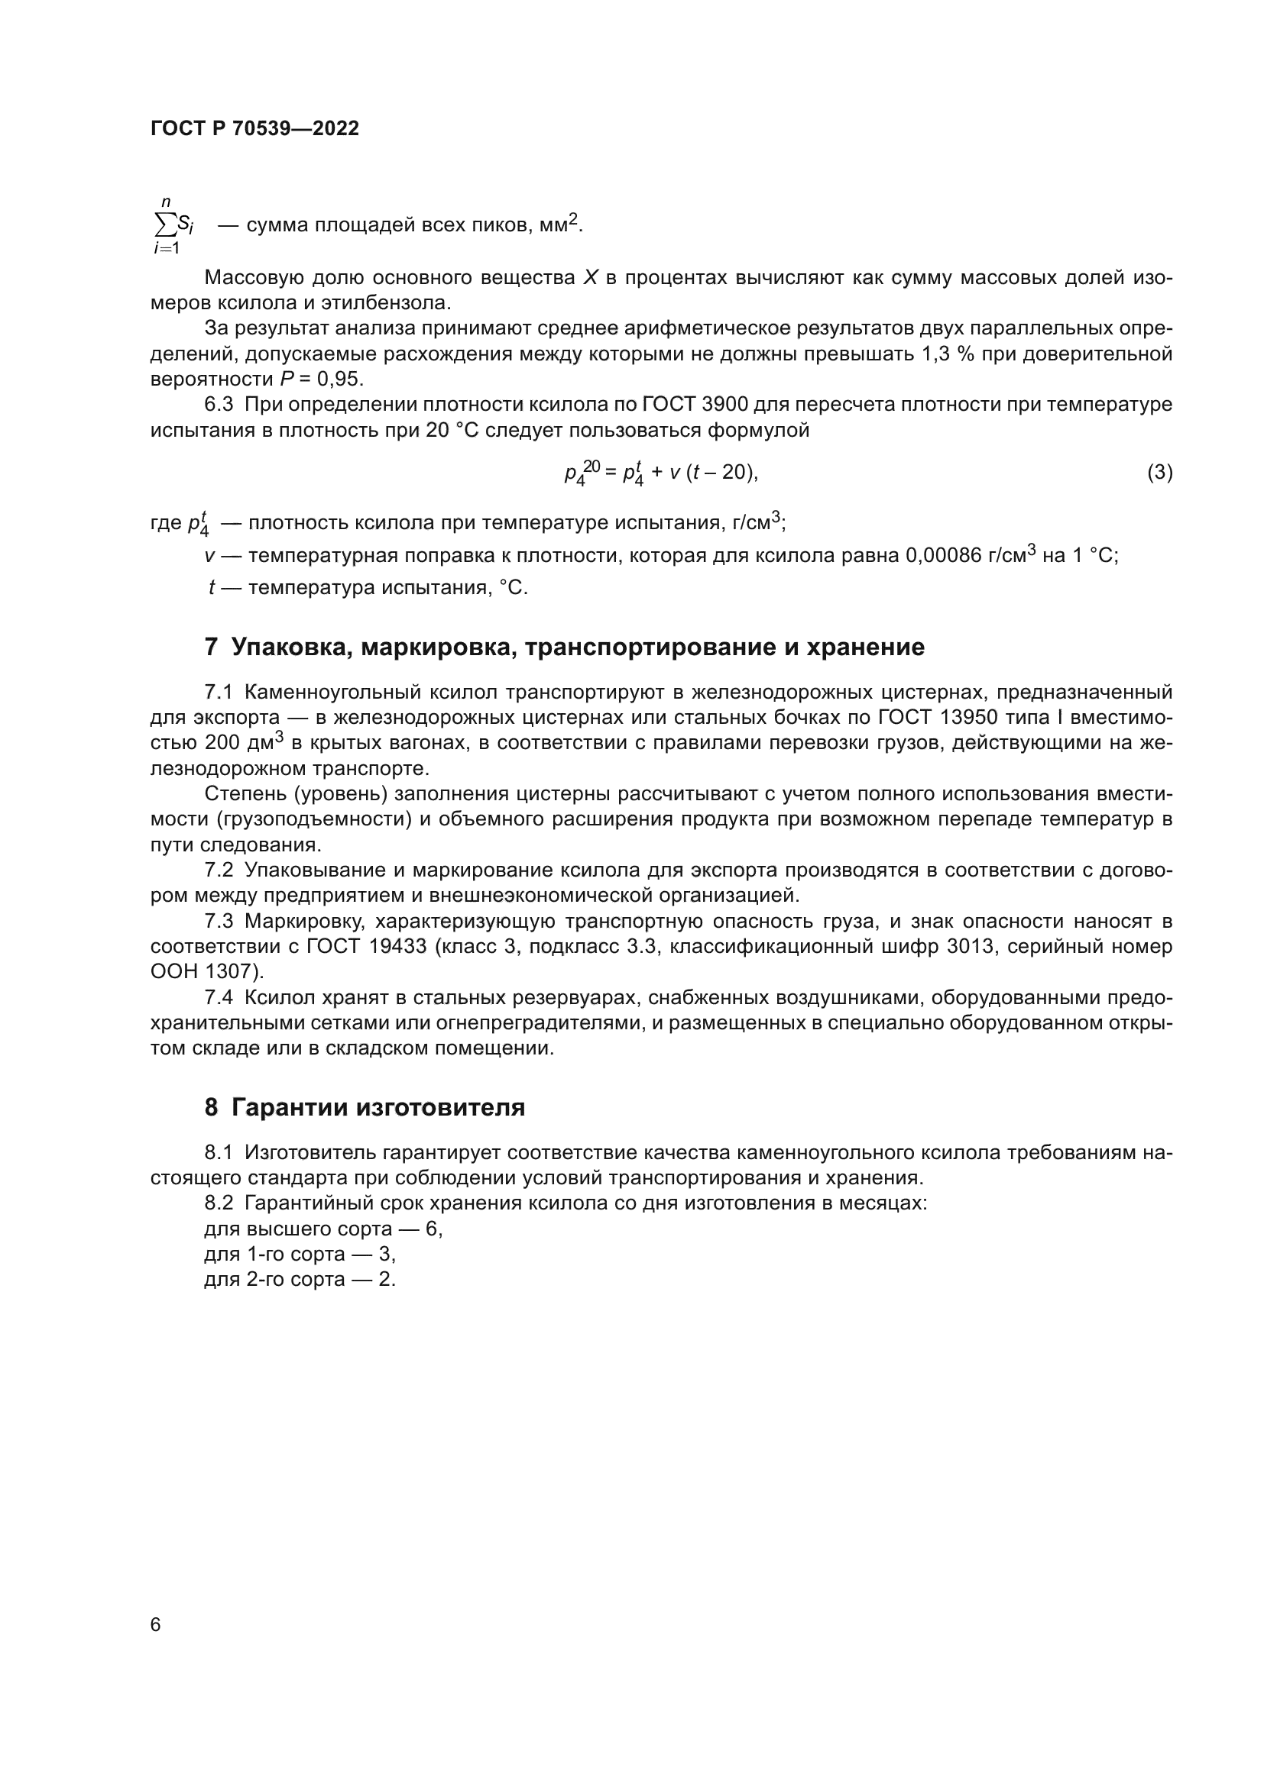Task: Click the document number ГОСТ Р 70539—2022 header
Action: (254, 128)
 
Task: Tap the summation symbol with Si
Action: (173, 225)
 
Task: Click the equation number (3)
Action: (1159, 472)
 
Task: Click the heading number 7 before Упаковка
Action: (211, 648)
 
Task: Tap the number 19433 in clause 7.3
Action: (397, 947)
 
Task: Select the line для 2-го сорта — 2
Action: (300, 1280)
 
